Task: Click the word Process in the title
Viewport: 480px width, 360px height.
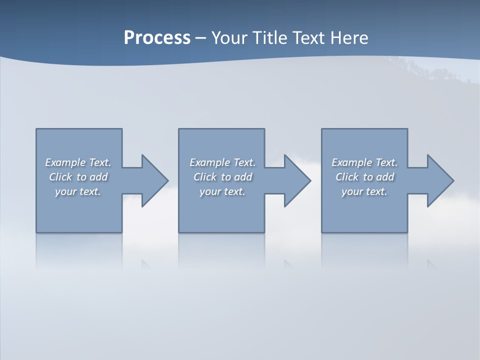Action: [x=157, y=38]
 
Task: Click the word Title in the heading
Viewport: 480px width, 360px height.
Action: [x=270, y=38]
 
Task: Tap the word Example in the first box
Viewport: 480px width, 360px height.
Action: [x=65, y=162]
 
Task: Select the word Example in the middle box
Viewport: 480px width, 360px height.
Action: [x=210, y=162]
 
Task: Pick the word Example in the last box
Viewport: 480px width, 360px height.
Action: [x=352, y=162]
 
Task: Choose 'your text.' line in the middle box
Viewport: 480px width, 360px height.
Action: [x=222, y=191]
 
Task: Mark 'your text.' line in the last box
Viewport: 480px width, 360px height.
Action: [x=364, y=191]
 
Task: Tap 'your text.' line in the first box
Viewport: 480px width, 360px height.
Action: [x=78, y=191]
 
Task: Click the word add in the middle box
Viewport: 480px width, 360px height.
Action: [x=243, y=177]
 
